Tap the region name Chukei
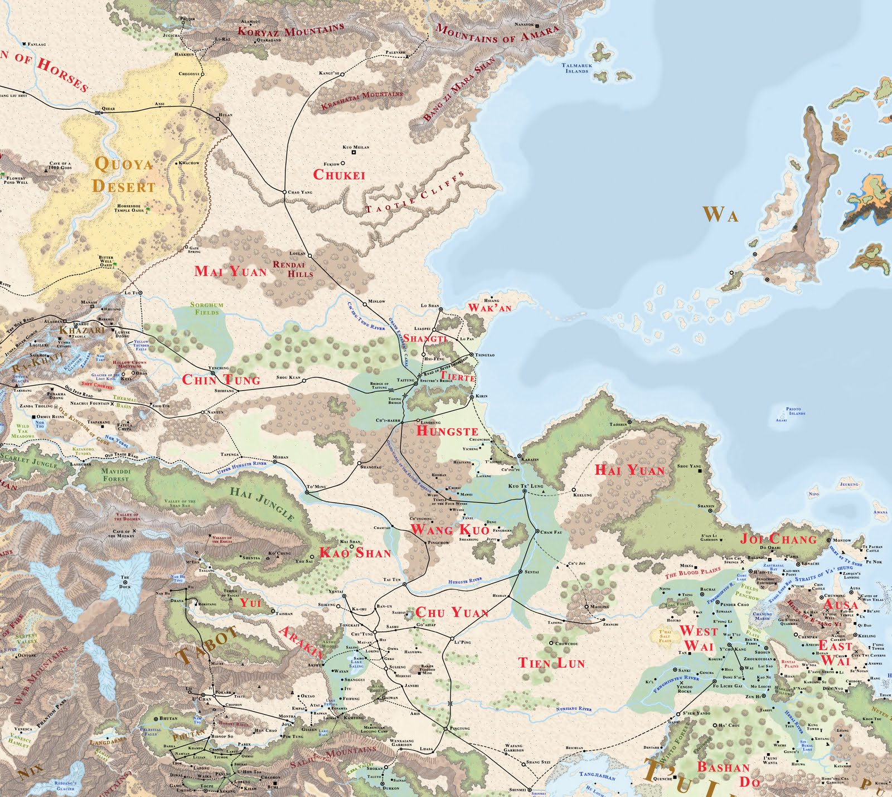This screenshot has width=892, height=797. coord(339,174)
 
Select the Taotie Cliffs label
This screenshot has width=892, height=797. coord(415,195)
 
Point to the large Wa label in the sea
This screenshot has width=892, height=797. coord(721,215)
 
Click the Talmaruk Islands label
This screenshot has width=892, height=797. coord(576,68)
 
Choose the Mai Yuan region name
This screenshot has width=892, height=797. coord(230,271)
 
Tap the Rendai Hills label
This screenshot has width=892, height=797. coord(293,269)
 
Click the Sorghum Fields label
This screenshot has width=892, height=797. coord(206,308)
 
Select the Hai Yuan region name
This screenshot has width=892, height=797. coord(630,470)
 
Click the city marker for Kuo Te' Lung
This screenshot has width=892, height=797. coord(524,492)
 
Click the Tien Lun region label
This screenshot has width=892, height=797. coord(551,663)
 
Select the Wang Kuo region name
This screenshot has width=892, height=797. coord(449,529)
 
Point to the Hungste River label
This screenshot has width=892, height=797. coord(465,581)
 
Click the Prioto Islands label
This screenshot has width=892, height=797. coord(796,411)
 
